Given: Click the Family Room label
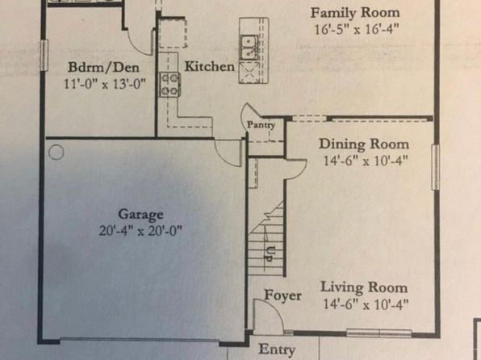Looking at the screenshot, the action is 355,13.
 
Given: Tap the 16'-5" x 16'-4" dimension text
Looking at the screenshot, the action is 357,30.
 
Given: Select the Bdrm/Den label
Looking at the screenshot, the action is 103,67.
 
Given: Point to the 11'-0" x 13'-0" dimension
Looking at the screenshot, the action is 105,83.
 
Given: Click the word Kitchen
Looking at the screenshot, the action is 210,66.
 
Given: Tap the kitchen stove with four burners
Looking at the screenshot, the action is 169,84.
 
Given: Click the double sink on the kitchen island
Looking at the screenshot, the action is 249,48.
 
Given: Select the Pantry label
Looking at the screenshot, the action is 261,125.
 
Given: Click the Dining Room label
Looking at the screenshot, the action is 364,144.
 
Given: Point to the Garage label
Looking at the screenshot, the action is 140,214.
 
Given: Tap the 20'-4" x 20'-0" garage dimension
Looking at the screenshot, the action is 140,231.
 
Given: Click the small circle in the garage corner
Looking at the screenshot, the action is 56,152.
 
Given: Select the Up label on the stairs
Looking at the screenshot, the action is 270,254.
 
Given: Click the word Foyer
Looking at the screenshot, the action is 282,295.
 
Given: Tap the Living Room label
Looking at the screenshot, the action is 364,287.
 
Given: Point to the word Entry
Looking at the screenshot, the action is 277,350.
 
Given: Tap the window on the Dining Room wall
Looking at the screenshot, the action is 436,167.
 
